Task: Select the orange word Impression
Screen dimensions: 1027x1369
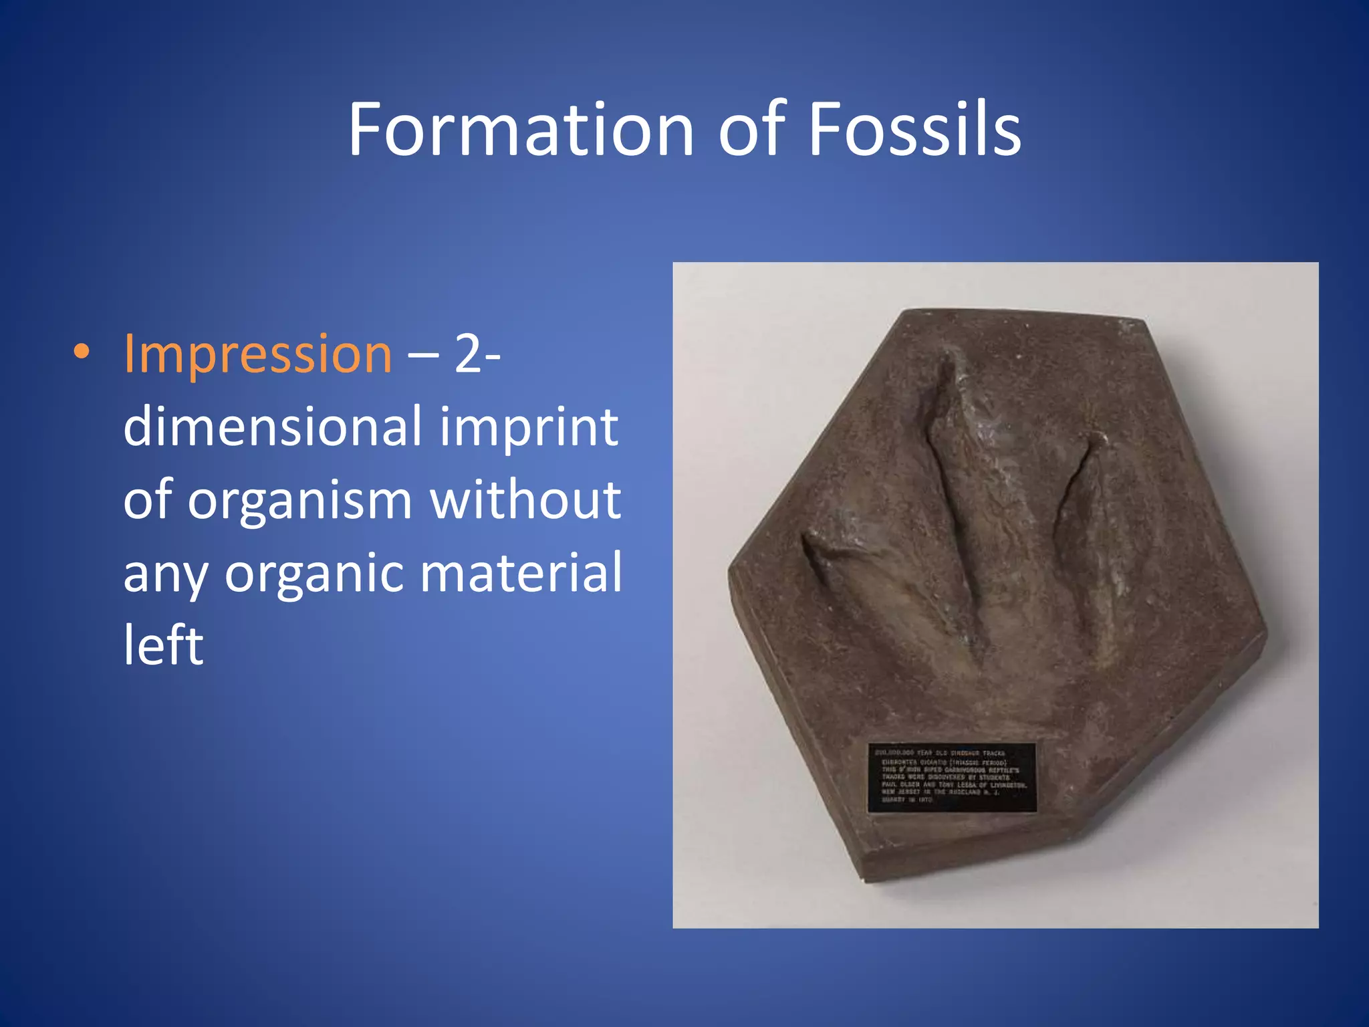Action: point(258,354)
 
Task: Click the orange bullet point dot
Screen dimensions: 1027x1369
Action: point(81,353)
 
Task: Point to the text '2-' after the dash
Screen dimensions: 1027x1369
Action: point(477,354)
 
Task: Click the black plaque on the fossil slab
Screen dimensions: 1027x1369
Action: point(951,778)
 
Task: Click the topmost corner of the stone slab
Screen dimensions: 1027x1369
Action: point(906,312)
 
